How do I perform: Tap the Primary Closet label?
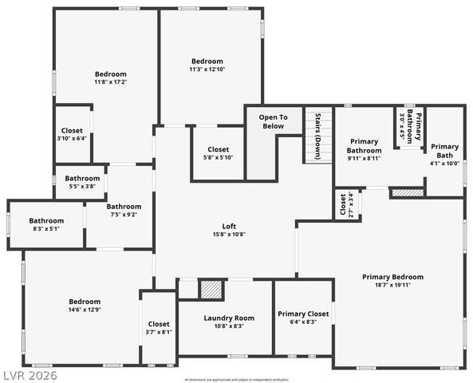(x=303, y=314)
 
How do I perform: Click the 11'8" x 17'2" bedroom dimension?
(x=111, y=81)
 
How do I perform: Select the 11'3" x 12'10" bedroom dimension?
(x=207, y=69)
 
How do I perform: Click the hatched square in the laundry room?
(x=210, y=289)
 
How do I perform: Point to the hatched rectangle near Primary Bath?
(x=407, y=192)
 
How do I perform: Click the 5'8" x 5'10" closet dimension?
(x=218, y=157)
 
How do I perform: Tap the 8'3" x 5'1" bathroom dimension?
(x=45, y=229)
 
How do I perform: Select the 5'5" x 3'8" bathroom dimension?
(x=82, y=186)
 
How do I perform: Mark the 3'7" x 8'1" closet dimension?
(x=158, y=331)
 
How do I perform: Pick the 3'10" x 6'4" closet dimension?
(x=71, y=137)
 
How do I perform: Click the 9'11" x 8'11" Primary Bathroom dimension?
(x=364, y=158)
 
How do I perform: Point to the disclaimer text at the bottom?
(x=236, y=379)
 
